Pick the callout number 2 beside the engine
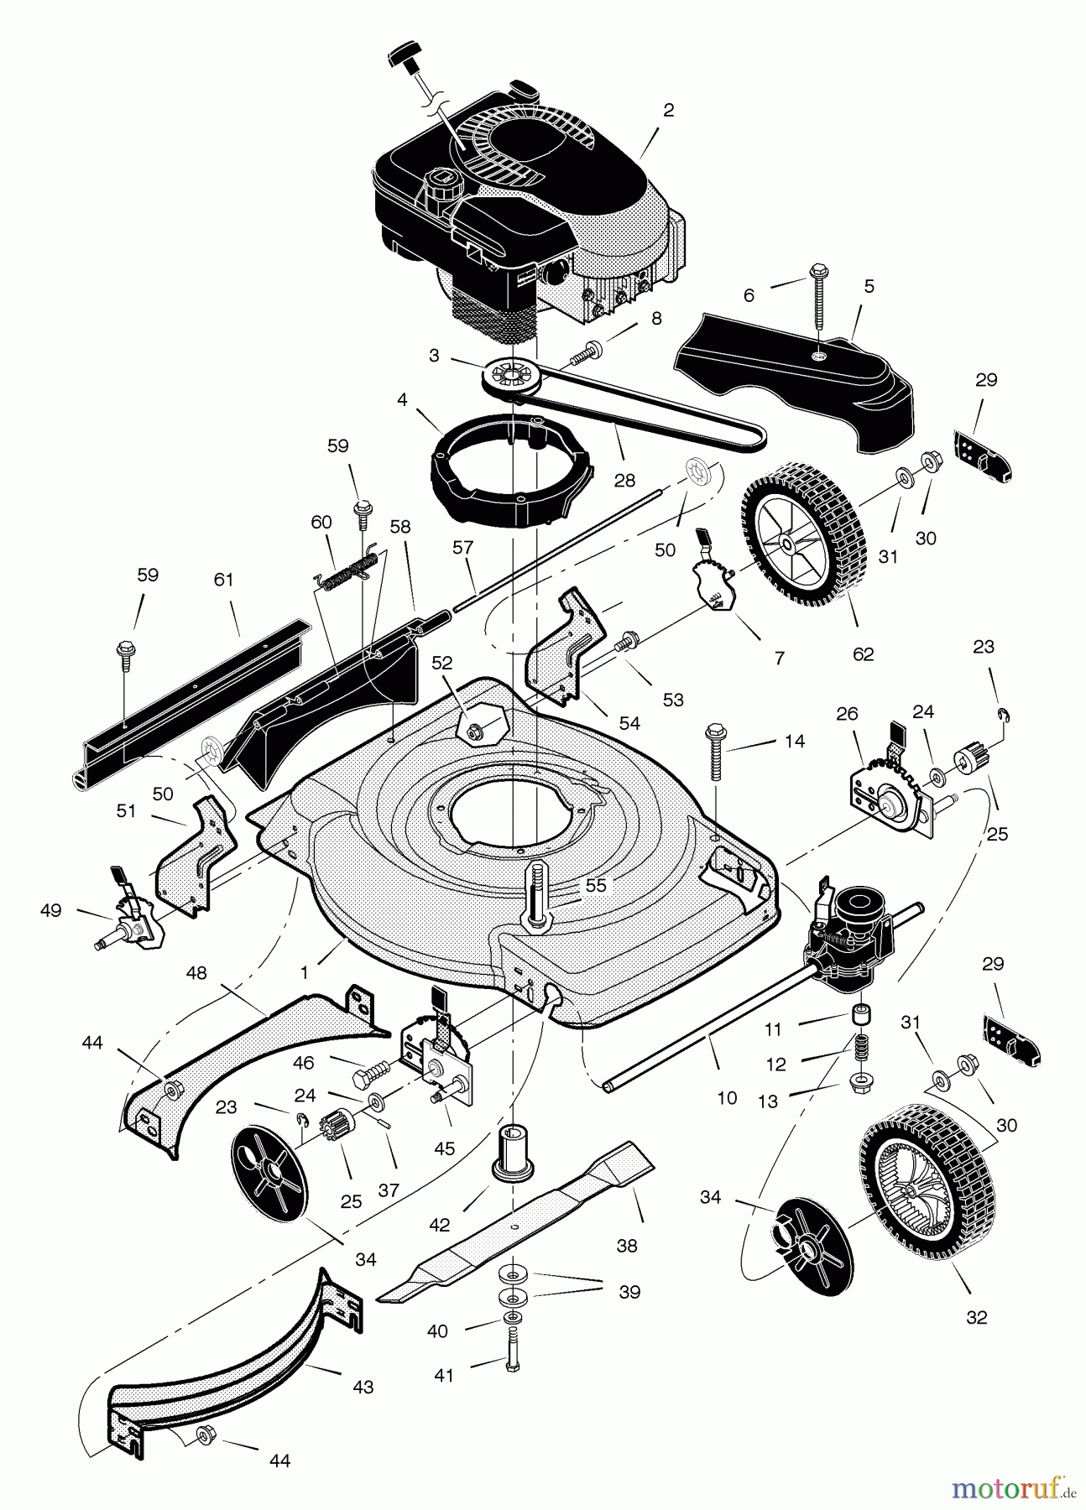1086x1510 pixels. (668, 110)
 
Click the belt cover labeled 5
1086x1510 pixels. (793, 374)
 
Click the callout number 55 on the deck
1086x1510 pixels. (595, 885)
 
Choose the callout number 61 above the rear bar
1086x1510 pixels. (223, 580)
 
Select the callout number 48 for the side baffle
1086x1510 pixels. (196, 974)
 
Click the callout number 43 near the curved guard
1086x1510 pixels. (363, 1388)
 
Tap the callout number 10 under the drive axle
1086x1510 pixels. (727, 1097)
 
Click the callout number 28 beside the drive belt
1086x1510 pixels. (624, 480)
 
